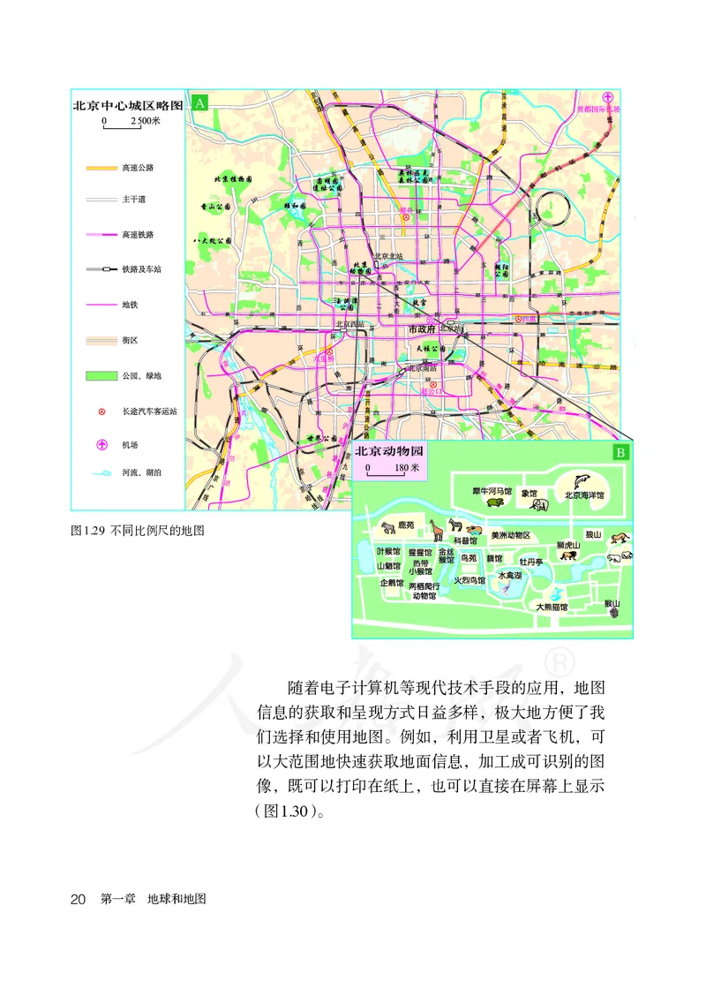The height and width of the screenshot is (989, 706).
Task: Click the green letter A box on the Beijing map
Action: tap(200, 103)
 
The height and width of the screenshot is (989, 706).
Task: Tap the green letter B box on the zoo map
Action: tap(620, 452)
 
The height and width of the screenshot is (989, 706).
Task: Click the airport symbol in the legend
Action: tap(102, 444)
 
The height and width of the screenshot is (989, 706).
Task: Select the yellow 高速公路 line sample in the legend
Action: tap(102, 167)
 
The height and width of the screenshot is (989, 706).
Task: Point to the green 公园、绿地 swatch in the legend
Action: tap(102, 376)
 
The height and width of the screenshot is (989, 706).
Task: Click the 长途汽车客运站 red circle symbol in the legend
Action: tap(102, 411)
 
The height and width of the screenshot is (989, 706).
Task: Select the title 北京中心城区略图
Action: tap(127, 104)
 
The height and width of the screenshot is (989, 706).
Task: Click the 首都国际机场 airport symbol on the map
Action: tap(608, 98)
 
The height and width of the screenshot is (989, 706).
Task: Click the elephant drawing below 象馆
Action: tap(540, 506)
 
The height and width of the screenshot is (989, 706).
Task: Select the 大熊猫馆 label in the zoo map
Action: tap(552, 607)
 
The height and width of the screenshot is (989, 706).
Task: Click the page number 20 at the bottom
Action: tap(78, 899)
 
